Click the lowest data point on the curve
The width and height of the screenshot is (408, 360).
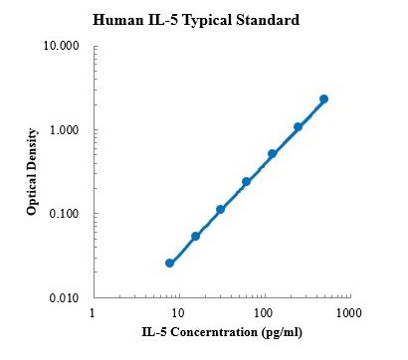coord(169,264)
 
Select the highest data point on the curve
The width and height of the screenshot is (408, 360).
coord(323,99)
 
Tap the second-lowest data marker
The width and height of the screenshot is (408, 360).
coord(195,236)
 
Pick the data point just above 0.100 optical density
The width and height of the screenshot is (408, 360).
coord(220,210)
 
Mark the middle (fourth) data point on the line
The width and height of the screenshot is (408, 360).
coord(246,182)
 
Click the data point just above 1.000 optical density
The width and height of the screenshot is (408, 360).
coord(298,127)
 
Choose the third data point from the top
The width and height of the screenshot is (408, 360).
coord(272,154)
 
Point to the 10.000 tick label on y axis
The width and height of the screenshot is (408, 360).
coord(63,47)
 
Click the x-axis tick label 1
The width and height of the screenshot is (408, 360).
coord(93,314)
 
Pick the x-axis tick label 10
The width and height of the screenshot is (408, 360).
coord(177,314)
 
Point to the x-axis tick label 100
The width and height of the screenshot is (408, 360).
coord(263,314)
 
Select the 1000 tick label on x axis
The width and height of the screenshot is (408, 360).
coord(348,314)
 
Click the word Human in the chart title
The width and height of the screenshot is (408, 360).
coord(113,20)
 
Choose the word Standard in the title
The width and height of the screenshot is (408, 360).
coord(270,20)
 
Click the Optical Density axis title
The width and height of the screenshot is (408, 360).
coord(32,172)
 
